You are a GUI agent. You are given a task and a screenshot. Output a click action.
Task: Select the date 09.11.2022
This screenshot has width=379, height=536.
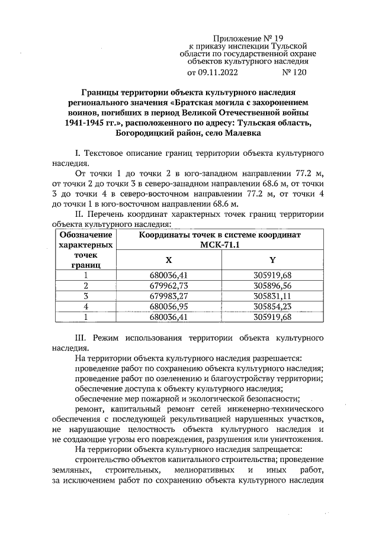tap(217, 73)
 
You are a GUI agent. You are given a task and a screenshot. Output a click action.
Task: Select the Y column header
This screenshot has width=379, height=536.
tap(272, 260)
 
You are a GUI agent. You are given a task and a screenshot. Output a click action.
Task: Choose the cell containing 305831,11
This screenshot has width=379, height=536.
tap(272, 295)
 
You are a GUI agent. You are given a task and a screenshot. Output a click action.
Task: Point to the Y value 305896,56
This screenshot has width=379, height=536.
tap(272, 285)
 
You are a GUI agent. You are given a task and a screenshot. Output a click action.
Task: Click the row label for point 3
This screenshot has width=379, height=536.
tap(86, 295)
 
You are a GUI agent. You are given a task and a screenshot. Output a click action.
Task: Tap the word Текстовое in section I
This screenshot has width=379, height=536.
tap(105, 153)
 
